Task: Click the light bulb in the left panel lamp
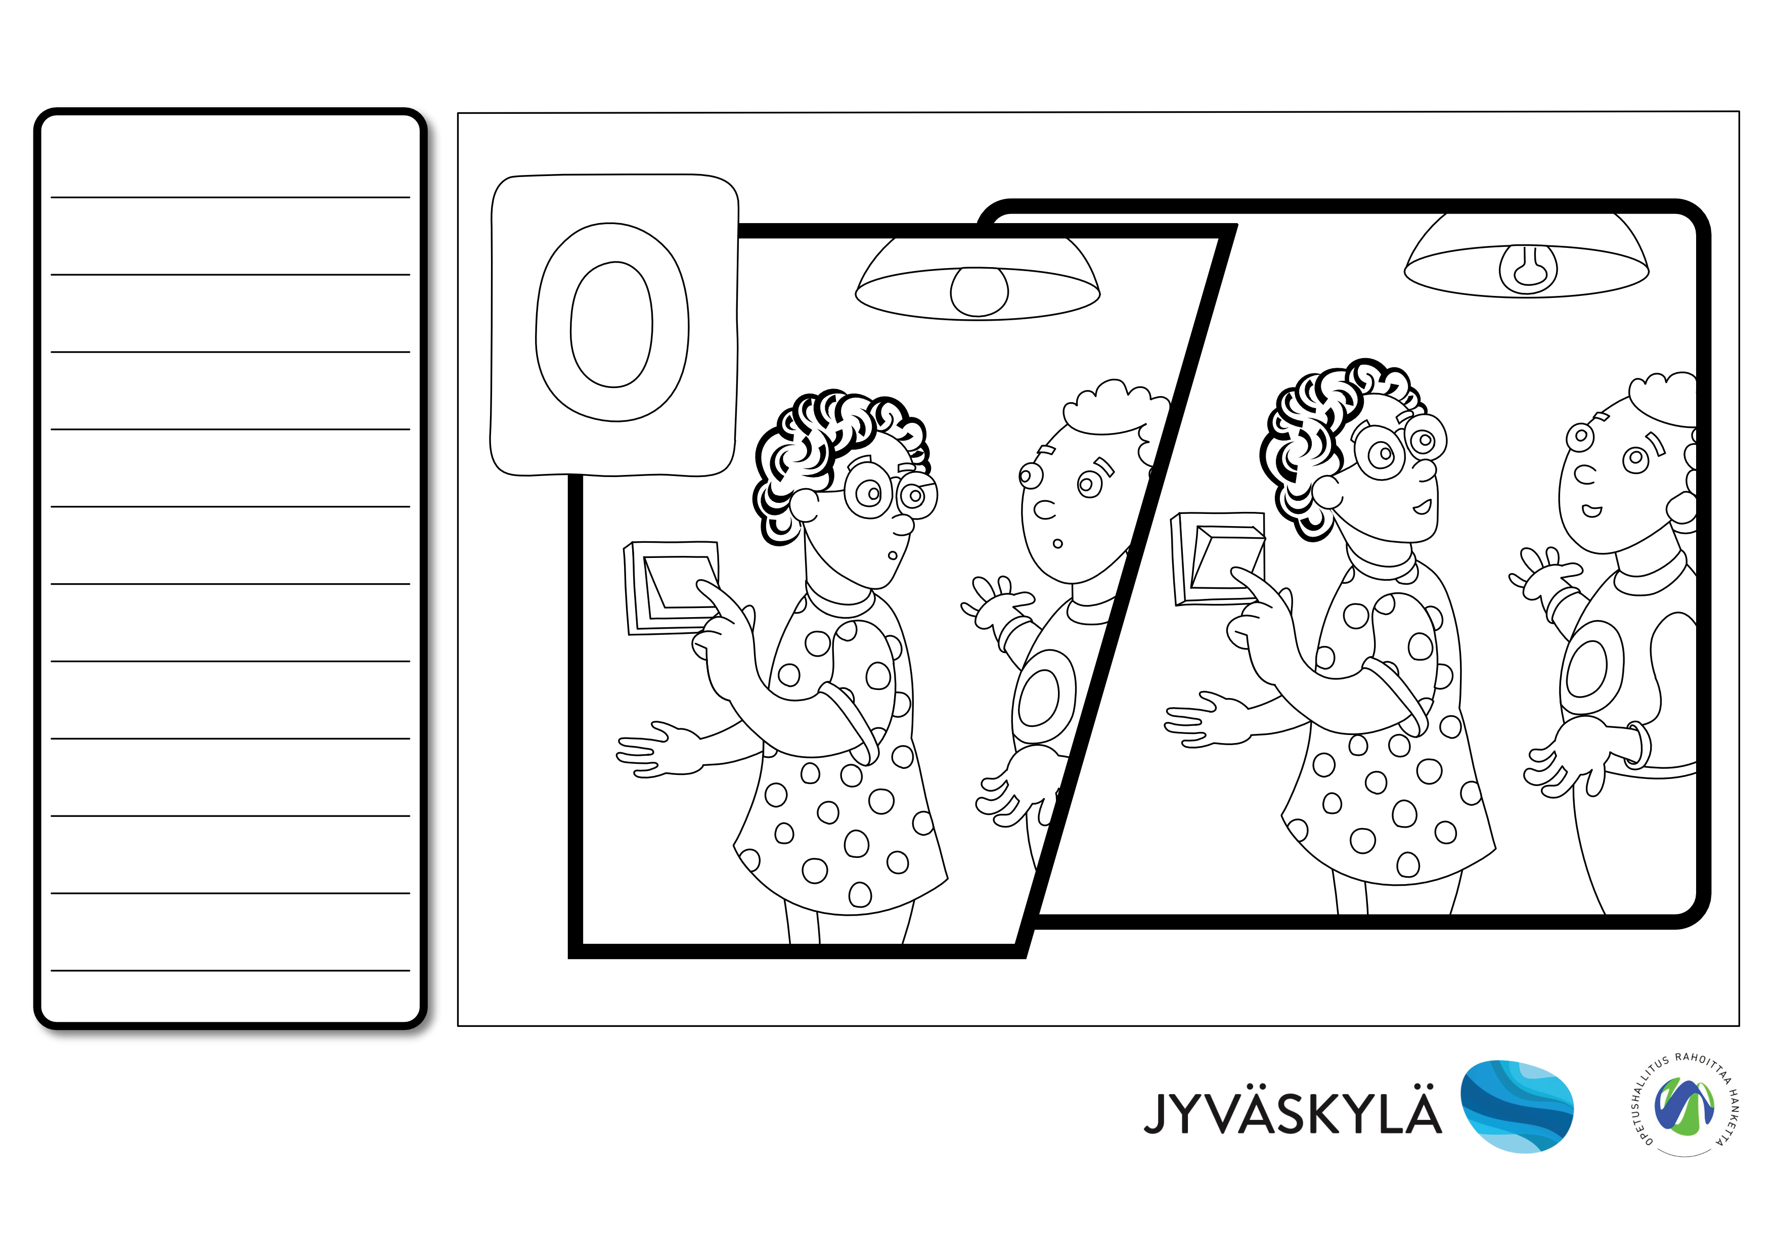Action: [979, 292]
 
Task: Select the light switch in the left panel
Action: [672, 587]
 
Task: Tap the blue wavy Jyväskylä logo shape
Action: [1517, 1107]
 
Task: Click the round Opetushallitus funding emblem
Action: [1684, 1105]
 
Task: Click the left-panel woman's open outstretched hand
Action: [657, 750]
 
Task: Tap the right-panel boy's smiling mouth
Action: [1591, 511]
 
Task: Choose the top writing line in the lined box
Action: [230, 197]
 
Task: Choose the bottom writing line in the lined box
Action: [230, 971]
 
